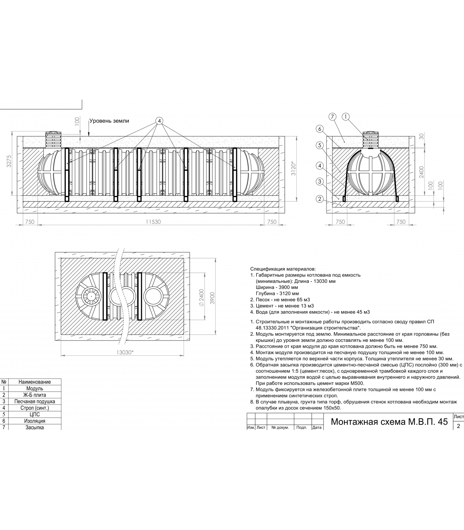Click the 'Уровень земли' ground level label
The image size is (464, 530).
coord(109,121)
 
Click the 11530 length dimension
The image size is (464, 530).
coord(153,222)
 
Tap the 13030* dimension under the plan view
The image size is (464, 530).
coord(125,352)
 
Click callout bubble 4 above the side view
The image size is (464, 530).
coord(159,121)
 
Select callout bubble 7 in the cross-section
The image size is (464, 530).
coord(332,117)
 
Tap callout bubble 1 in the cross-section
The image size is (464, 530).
coord(346,117)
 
